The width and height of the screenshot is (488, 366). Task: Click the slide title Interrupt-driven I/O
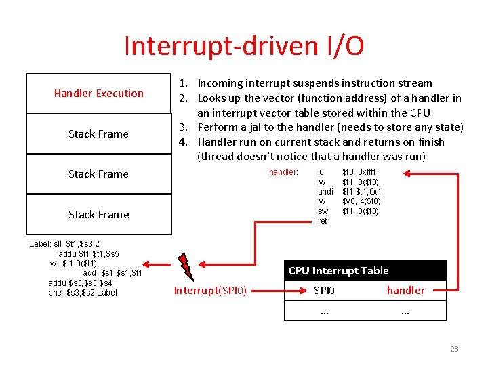[x=244, y=46]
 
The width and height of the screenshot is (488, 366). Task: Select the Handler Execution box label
[x=99, y=93]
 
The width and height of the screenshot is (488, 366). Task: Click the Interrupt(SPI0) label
[x=210, y=291]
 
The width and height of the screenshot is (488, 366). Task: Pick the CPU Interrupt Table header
[x=338, y=270]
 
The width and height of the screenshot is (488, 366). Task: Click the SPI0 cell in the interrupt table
[x=324, y=291]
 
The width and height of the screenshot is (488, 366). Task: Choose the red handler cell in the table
[x=405, y=291]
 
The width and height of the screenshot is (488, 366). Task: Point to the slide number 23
[x=454, y=349]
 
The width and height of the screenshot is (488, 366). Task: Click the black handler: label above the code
[x=283, y=172]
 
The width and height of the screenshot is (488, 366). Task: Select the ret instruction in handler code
[x=322, y=221]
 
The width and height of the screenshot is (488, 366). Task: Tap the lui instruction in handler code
[x=321, y=172]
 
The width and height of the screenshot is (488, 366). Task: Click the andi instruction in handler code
[x=325, y=192]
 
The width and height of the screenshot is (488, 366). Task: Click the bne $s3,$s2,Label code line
[x=83, y=292]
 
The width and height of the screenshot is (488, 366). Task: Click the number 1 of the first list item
[x=182, y=83]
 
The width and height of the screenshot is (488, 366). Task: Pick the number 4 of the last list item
[x=182, y=142]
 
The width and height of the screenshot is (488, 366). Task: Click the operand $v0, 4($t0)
[x=361, y=201]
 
